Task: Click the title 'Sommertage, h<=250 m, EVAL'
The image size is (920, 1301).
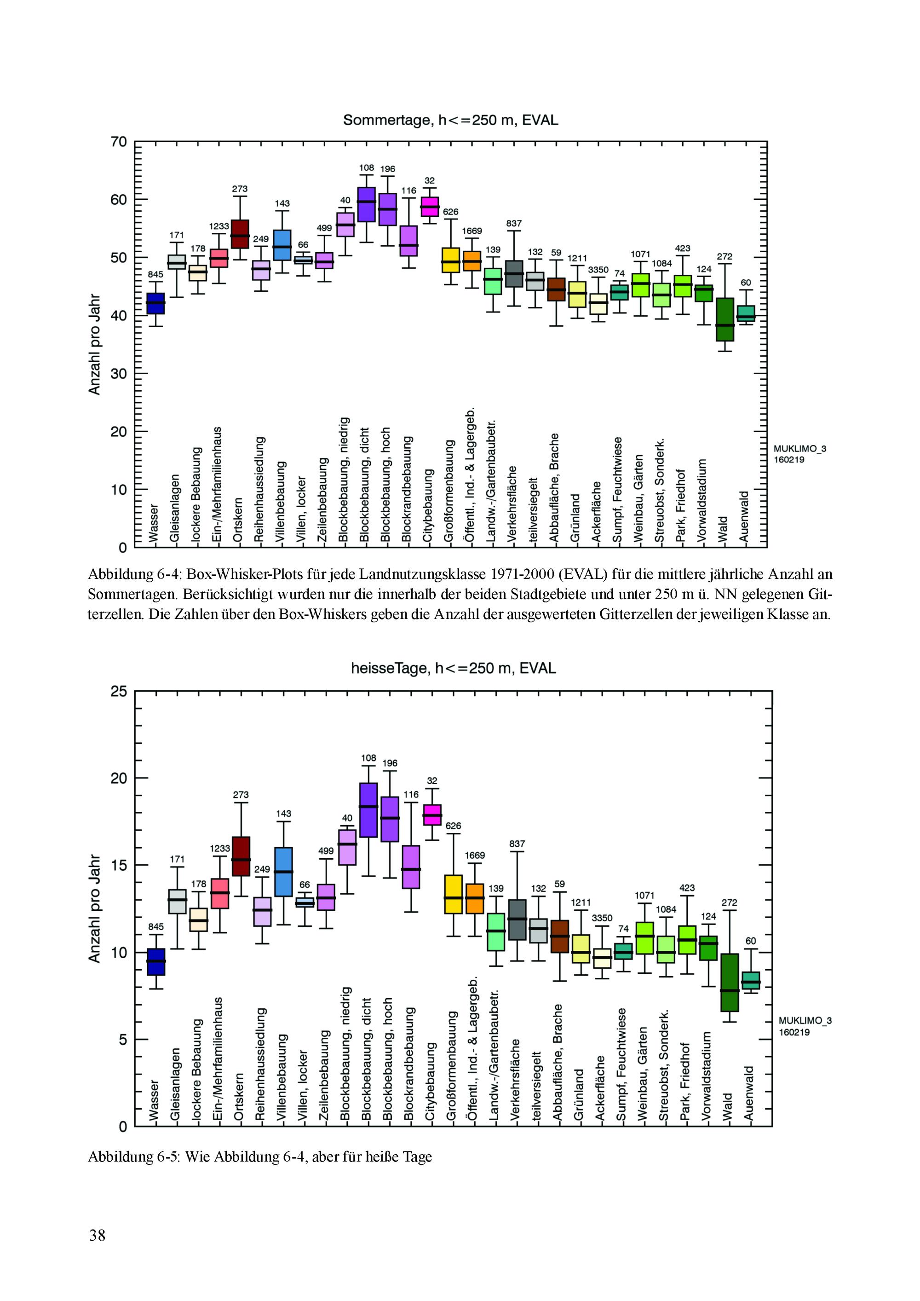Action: (450, 120)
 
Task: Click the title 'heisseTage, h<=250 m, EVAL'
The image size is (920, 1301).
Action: (453, 669)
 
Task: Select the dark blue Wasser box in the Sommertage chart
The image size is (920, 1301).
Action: (156, 303)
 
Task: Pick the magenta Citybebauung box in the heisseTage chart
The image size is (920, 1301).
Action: (433, 815)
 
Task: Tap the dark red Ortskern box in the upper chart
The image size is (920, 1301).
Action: (240, 234)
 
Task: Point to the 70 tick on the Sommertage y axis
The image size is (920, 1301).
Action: (119, 142)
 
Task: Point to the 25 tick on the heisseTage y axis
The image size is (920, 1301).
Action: (119, 691)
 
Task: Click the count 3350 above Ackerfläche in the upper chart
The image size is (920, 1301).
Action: (598, 270)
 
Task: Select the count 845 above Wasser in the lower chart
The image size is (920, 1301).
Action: (156, 927)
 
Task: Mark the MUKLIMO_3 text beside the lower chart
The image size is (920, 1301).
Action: (805, 1005)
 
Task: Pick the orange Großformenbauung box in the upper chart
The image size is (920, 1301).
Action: (450, 260)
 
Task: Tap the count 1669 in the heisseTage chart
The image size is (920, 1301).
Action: (475, 855)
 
